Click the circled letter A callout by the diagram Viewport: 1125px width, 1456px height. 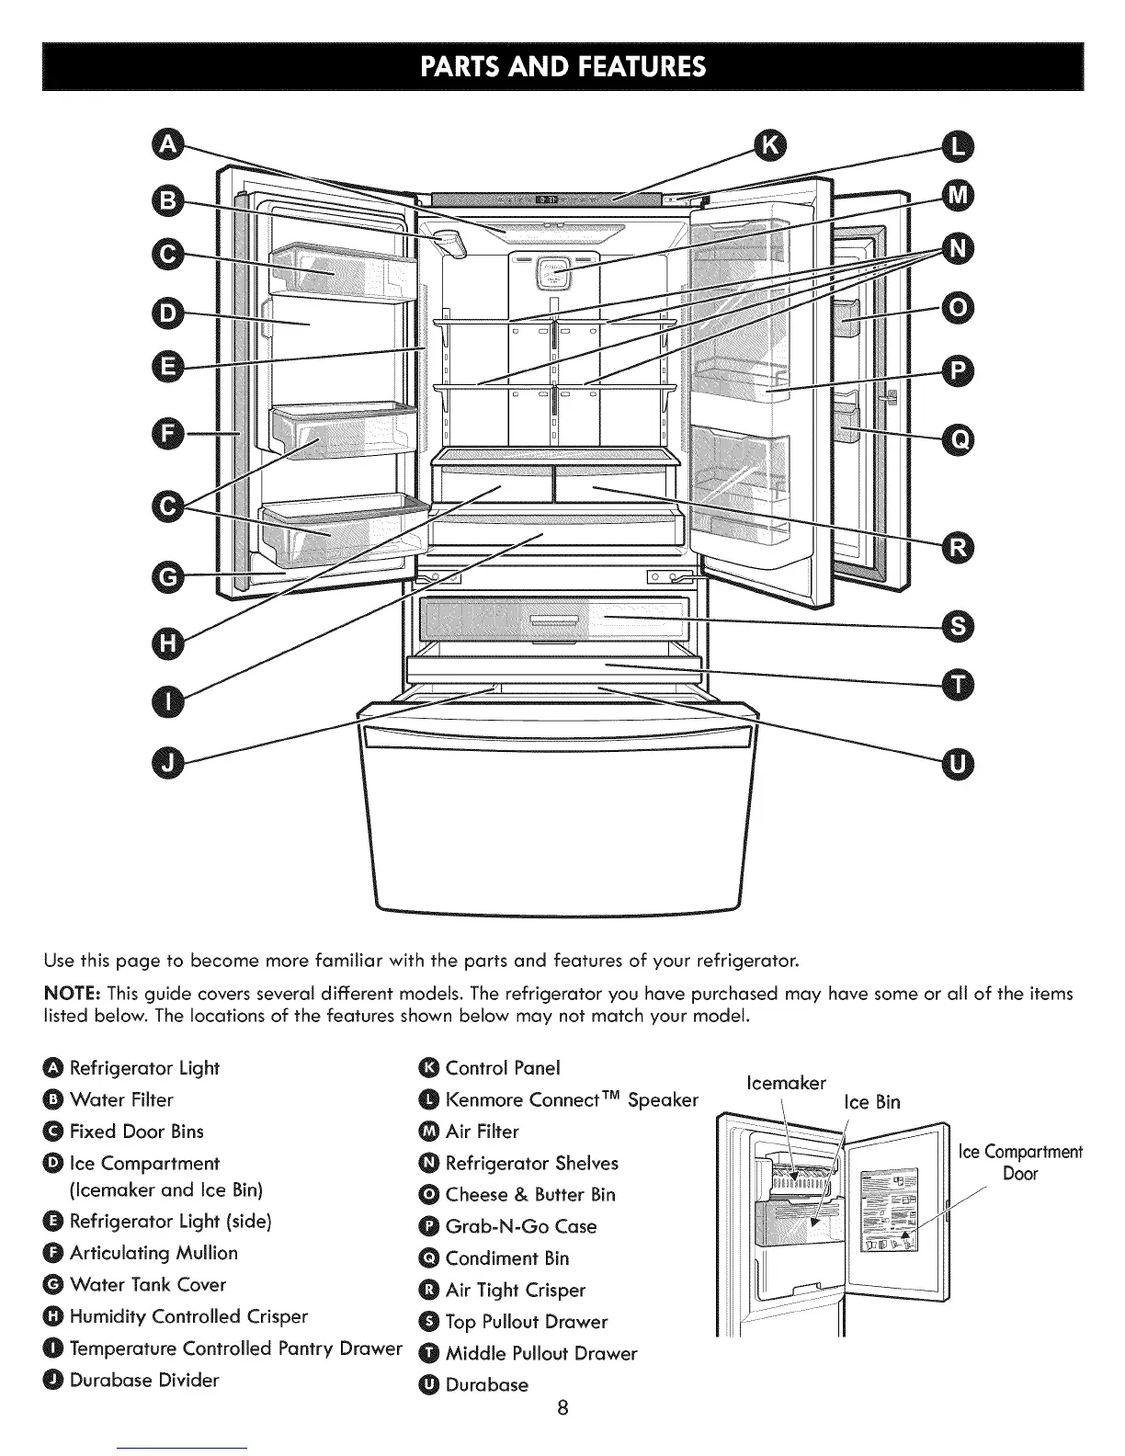pos(168,146)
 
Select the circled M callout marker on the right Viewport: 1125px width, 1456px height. pos(959,195)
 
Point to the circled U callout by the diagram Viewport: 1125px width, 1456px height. pos(959,763)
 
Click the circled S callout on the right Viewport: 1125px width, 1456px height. pos(959,627)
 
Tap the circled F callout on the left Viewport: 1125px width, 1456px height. pos(168,431)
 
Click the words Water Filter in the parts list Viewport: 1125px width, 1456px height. pos(121,1100)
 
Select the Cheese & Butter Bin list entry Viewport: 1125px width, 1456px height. pos(529,1195)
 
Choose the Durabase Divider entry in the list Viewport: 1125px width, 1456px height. pos(144,1380)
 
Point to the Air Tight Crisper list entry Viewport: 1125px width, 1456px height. pos(515,1291)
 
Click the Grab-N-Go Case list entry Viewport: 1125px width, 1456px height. pos(520,1227)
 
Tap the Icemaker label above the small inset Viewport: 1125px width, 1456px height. pos(787,1083)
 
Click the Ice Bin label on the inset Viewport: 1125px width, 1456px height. pos(872,1102)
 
